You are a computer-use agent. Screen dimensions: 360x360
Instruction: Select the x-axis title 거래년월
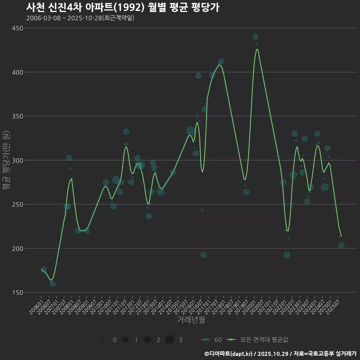(x=191, y=320)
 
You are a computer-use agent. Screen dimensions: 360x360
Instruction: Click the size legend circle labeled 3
(x=169, y=340)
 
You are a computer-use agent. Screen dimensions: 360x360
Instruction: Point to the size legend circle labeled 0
(x=103, y=340)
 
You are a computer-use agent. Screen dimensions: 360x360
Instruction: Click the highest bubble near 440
(x=255, y=37)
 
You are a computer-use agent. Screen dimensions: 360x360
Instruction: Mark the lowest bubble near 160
(x=52, y=284)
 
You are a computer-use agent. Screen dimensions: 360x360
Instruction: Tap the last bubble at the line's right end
(x=341, y=245)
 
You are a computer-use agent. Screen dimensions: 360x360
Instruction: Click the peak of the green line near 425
(x=257, y=49)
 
